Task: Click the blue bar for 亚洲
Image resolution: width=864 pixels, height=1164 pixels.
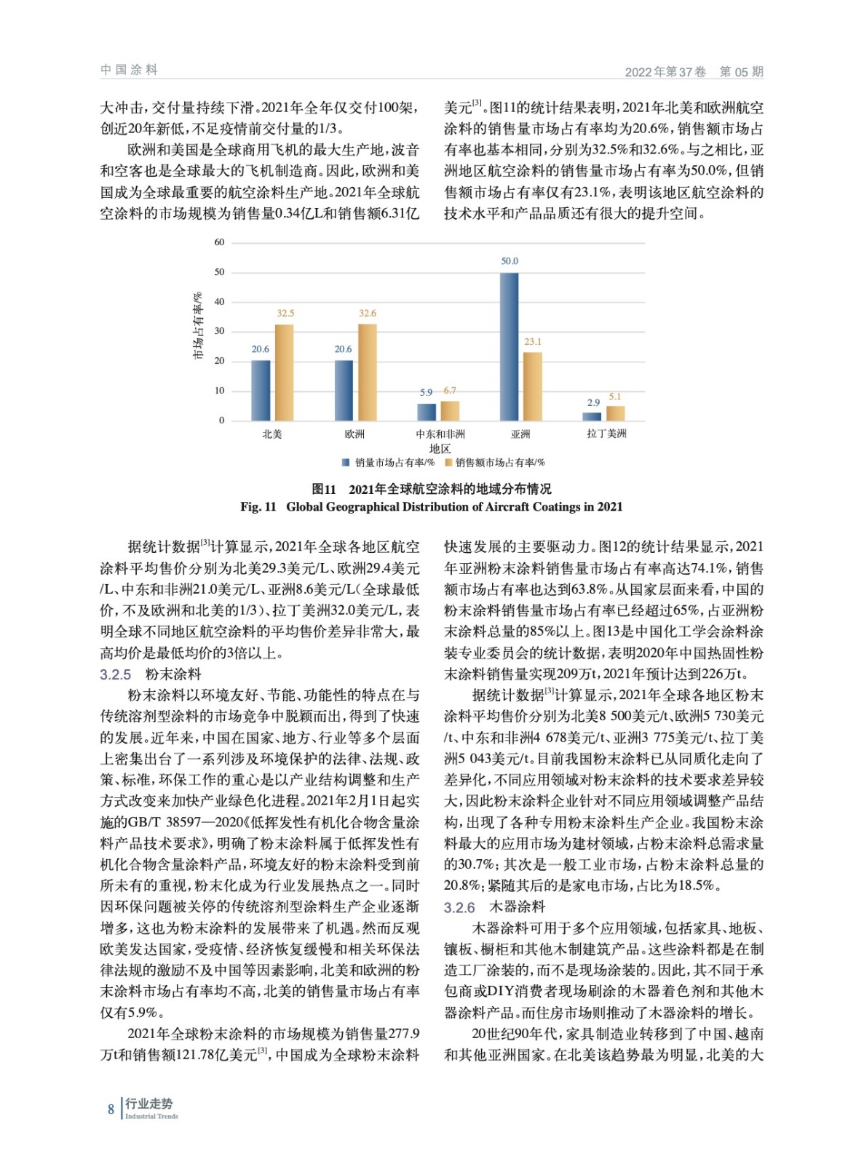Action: pos(510,346)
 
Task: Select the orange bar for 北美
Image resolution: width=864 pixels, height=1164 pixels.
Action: pos(284,372)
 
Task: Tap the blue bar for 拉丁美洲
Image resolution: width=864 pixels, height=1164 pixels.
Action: pos(592,416)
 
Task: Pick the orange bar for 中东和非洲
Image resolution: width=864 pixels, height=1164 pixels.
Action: pos(450,410)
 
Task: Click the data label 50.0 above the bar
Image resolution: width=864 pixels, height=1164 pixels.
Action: pos(510,261)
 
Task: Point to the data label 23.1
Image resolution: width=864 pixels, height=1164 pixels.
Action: pos(533,341)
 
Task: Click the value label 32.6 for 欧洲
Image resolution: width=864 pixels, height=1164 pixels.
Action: pos(368,313)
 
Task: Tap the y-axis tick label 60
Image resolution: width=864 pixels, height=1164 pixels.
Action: pos(219,242)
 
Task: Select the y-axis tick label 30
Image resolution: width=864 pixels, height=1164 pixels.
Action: pos(219,331)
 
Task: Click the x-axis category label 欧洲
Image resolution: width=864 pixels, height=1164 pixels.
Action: pos(354,434)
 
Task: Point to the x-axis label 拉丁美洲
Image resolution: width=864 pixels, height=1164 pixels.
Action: pos(606,434)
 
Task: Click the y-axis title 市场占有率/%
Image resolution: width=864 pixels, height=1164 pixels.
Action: pos(197,326)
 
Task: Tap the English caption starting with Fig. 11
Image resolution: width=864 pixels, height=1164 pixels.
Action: pos(432,507)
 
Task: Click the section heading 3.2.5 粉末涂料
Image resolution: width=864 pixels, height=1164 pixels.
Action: pos(151,674)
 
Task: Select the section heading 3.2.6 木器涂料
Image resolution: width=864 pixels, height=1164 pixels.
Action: pos(495,907)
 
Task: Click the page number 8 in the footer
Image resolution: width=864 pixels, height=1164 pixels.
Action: pos(111,1109)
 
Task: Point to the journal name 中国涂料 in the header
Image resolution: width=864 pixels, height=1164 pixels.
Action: pos(129,70)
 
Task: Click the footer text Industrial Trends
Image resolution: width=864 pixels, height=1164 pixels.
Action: pos(151,1116)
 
